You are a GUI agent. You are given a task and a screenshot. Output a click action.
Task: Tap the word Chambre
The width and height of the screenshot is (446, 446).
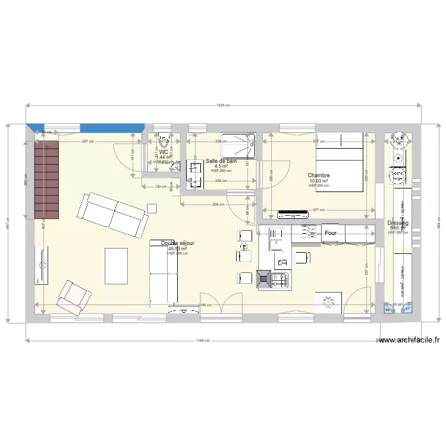pyautogui.click(x=319, y=175)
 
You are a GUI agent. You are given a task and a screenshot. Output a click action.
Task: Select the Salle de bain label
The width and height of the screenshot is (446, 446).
pyautogui.click(x=221, y=161)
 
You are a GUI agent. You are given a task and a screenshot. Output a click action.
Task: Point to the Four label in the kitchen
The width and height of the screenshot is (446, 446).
pyautogui.click(x=331, y=234)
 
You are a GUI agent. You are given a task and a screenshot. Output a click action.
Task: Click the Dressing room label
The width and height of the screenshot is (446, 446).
pyautogui.click(x=398, y=222)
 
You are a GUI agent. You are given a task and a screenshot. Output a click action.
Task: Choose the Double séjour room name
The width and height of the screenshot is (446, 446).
pyautogui.click(x=177, y=243)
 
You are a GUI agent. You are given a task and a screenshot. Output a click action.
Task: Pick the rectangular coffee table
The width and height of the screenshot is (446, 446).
pyautogui.click(x=116, y=266)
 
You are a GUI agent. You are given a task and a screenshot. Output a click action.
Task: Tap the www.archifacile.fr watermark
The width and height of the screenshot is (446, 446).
pyautogui.click(x=409, y=341)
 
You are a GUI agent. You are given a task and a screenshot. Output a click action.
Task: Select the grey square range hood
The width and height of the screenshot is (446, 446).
pyautogui.click(x=263, y=278)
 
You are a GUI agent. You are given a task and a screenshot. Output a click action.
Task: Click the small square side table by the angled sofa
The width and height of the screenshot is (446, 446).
pyautogui.click(x=152, y=208)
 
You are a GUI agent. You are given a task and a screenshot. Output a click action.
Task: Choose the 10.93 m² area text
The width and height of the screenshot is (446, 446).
pyautogui.click(x=319, y=181)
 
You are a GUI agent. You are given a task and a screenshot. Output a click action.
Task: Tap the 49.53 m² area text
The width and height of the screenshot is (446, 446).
pyautogui.click(x=177, y=249)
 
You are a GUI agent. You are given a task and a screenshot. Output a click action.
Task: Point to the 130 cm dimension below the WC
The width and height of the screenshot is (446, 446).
pyautogui.click(x=161, y=187)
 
